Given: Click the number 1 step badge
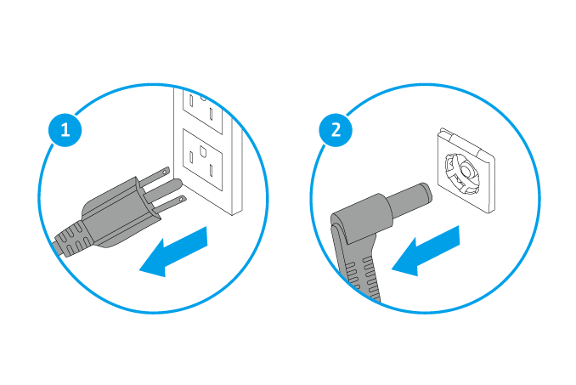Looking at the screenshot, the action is pyautogui.click(x=65, y=130).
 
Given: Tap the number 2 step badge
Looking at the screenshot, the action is pyautogui.click(x=336, y=130).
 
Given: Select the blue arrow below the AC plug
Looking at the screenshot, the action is pyautogui.click(x=174, y=252).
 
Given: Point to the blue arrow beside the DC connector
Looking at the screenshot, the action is pyautogui.click(x=426, y=252).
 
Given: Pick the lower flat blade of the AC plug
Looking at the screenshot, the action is pyautogui.click(x=169, y=204).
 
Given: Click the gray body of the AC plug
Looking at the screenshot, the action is pyautogui.click(x=117, y=213).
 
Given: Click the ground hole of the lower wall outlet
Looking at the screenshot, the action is pyautogui.click(x=203, y=150).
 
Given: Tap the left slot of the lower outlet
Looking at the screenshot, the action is pyautogui.click(x=191, y=157).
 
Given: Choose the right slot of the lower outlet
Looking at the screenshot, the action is pyautogui.click(x=212, y=171).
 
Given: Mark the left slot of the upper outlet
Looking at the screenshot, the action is pyautogui.click(x=191, y=100).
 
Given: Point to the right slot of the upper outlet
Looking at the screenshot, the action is pyautogui.click(x=212, y=114).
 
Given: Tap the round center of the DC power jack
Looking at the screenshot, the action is pyautogui.click(x=466, y=171).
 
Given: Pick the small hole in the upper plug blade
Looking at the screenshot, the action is pyautogui.click(x=167, y=171).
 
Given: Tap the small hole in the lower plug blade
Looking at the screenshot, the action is pyautogui.click(x=182, y=199).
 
